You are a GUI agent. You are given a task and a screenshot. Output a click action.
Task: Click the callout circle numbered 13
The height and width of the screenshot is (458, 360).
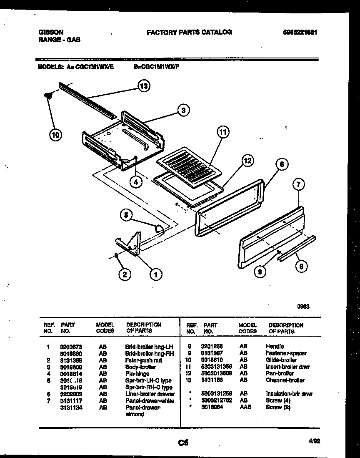(144, 86)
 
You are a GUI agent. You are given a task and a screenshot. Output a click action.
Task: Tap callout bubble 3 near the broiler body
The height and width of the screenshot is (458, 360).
(183, 110)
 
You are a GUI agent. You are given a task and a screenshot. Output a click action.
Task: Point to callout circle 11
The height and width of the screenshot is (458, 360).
(223, 132)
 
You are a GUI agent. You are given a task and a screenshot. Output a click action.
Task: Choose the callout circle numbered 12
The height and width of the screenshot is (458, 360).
(247, 161)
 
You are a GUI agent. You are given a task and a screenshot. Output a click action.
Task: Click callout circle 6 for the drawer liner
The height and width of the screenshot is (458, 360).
(282, 164)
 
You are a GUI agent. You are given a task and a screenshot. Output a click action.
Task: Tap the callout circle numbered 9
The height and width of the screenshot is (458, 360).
(260, 272)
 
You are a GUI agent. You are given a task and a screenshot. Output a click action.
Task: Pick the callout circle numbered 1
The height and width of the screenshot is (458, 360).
(155, 274)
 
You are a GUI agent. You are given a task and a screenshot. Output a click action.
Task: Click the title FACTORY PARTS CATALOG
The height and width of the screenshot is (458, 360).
(189, 32)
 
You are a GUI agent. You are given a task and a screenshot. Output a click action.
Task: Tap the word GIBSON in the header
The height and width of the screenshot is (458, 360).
(51, 32)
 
